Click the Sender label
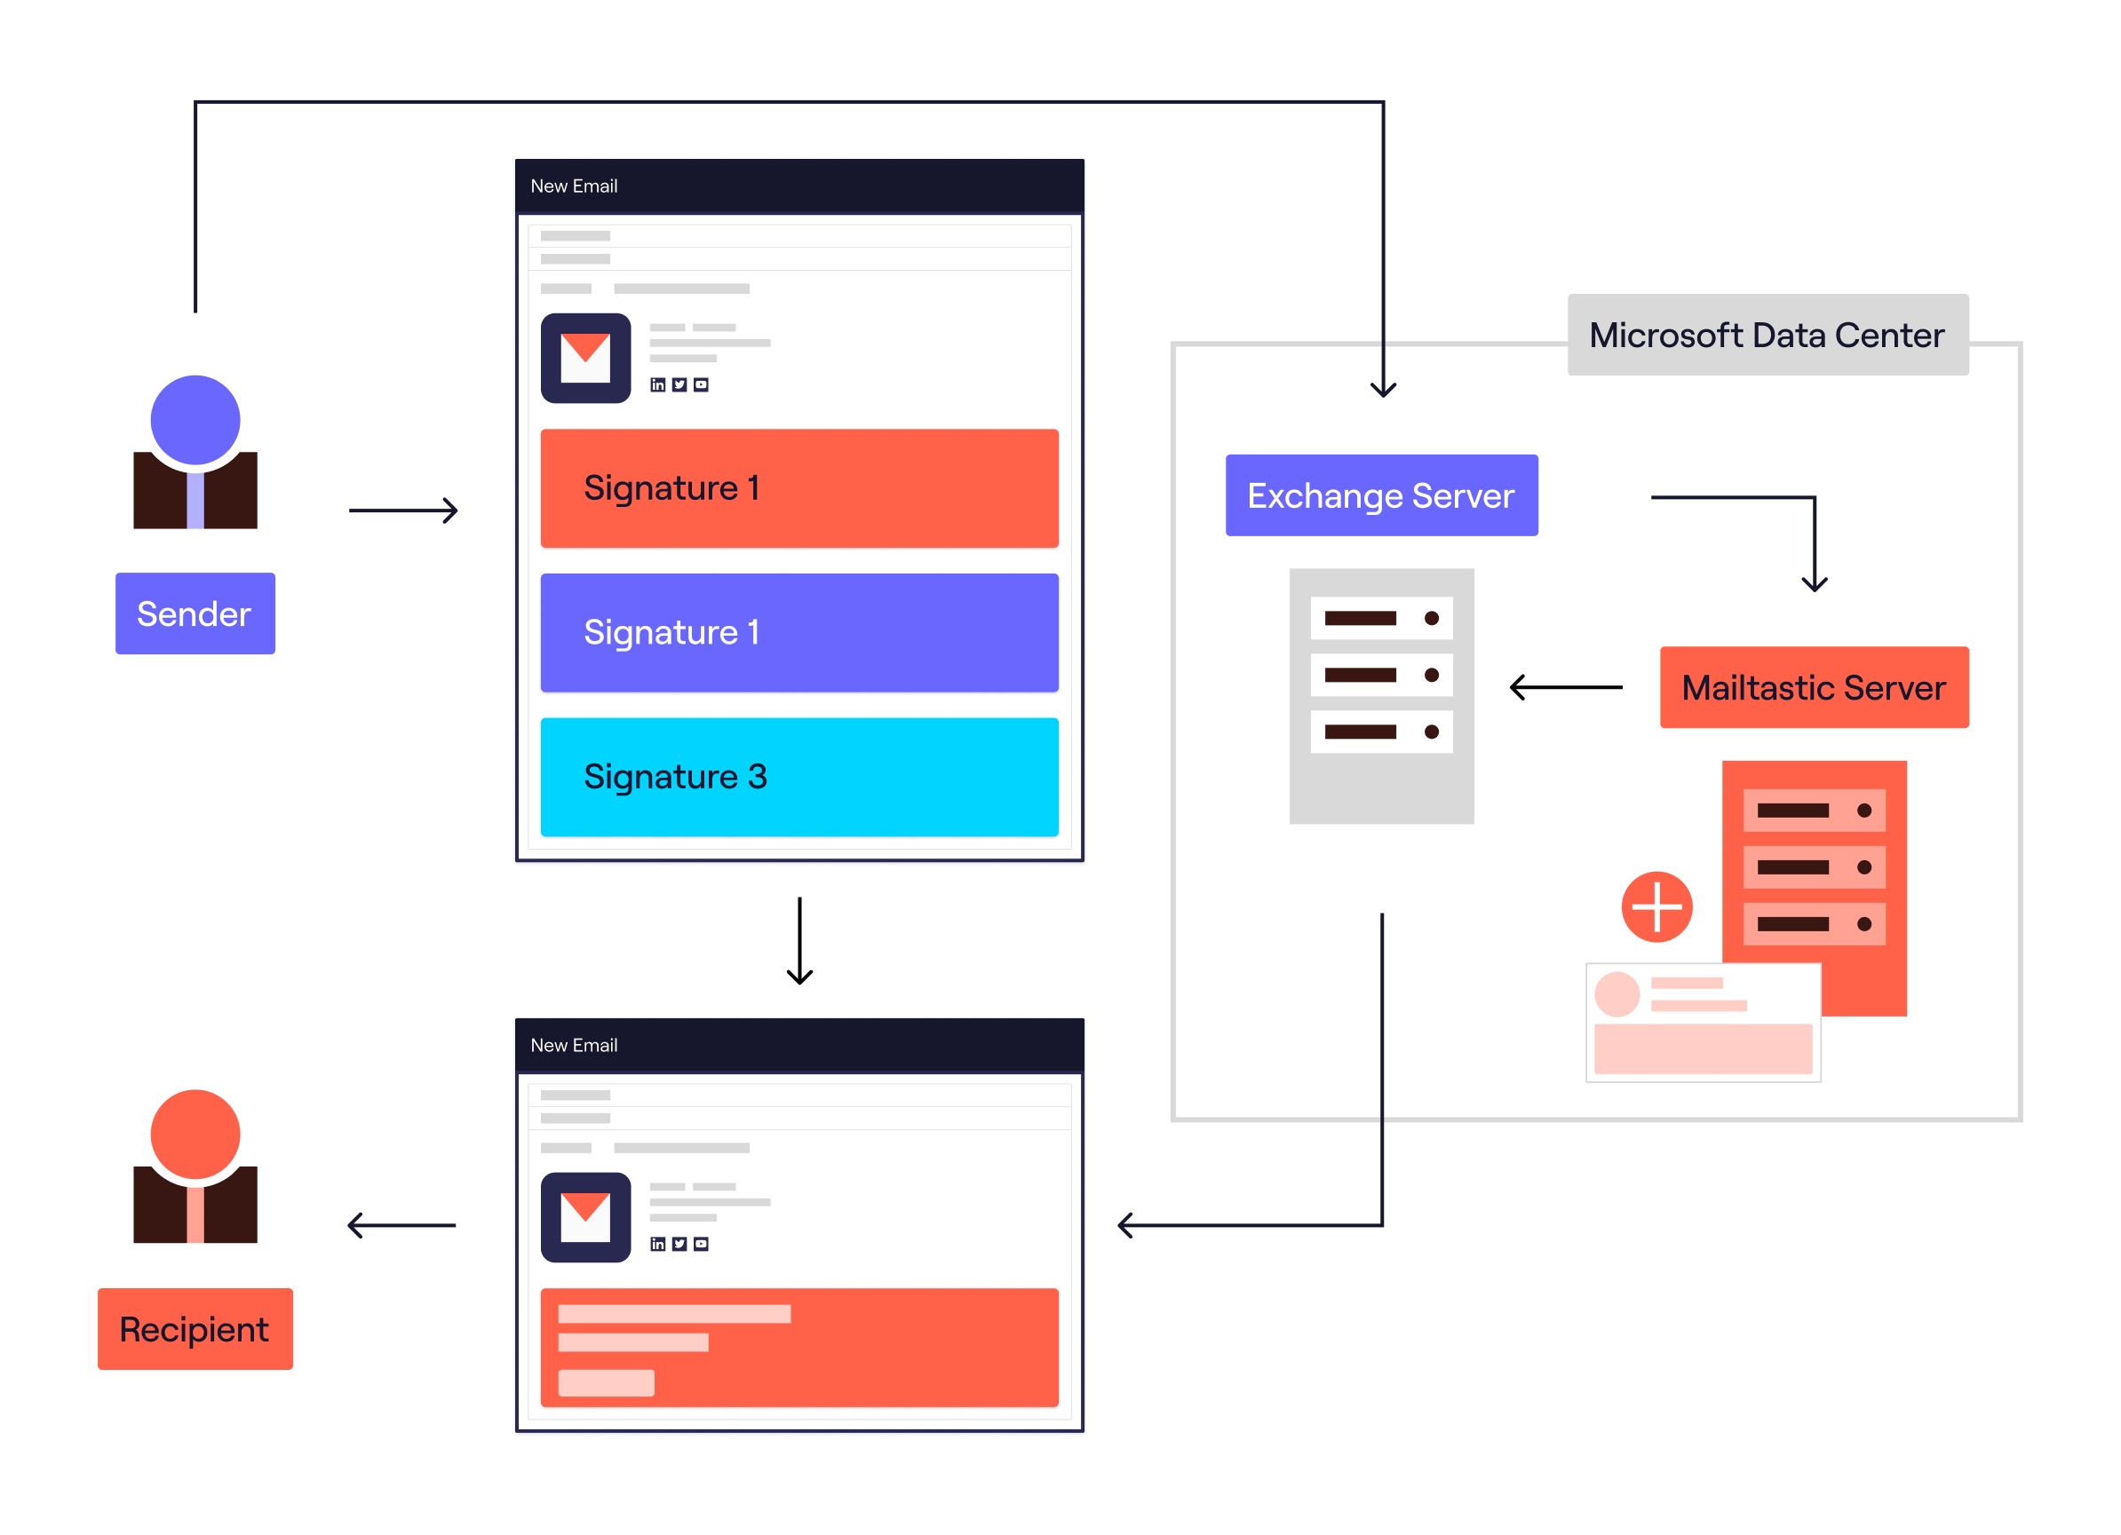coord(195,613)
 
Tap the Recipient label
coord(195,1328)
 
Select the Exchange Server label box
coord(1380,495)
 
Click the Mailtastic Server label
coord(1814,687)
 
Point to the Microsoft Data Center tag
coord(1767,335)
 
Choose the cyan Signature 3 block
coord(798,777)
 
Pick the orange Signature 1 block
coord(798,488)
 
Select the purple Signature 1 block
coord(798,632)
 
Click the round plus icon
coord(1656,906)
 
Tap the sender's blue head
coord(195,420)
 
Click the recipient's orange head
coord(195,1133)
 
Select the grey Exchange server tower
coord(1381,695)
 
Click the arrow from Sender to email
coord(403,510)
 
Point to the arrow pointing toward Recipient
coord(401,1224)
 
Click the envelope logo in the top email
coord(585,358)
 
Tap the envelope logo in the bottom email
coord(585,1217)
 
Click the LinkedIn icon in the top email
coord(657,385)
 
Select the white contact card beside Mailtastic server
coord(1702,1022)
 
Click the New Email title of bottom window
coord(573,1045)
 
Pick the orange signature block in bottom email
coord(798,1347)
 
